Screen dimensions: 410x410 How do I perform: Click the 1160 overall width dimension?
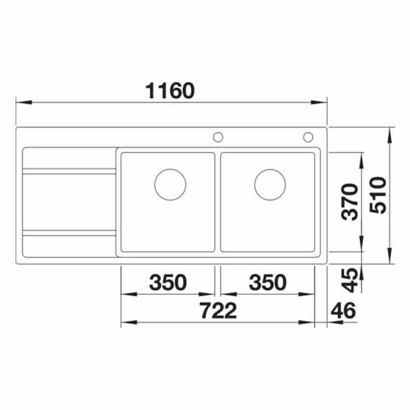click(x=170, y=91)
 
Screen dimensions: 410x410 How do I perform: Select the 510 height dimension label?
click(x=378, y=195)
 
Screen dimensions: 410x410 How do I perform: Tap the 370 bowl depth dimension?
click(x=350, y=202)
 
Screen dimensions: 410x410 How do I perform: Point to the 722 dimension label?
click(x=218, y=311)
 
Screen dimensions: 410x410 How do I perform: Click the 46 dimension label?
click(x=343, y=311)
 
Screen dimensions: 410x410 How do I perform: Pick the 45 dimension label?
click(x=350, y=280)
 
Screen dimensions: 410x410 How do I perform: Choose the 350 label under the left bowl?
click(x=168, y=282)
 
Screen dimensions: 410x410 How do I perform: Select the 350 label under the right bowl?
click(x=268, y=282)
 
